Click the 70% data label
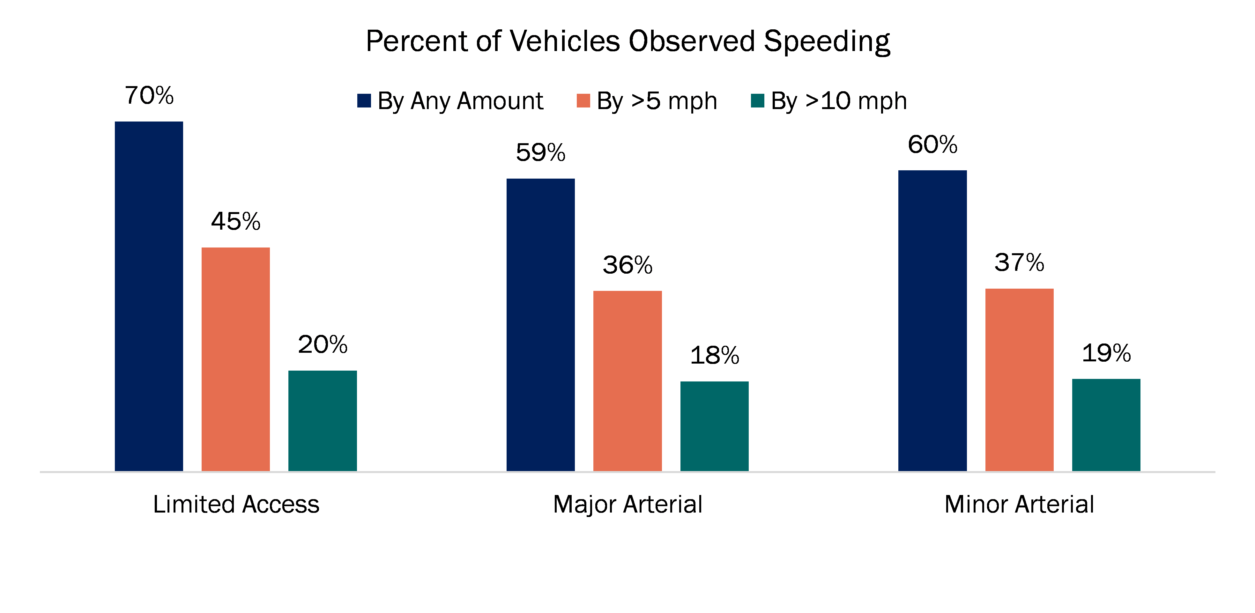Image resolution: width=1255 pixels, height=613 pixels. point(149,95)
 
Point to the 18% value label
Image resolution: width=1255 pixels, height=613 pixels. point(714,355)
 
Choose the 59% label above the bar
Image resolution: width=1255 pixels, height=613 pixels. point(540,152)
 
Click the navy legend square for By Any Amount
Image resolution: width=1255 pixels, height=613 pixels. point(364,101)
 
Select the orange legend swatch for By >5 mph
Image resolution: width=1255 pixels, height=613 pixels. point(583,101)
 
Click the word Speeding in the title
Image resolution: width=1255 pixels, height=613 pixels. point(827,41)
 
